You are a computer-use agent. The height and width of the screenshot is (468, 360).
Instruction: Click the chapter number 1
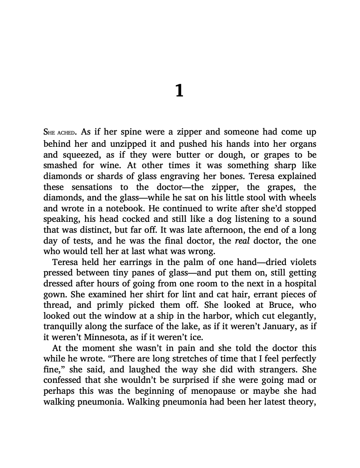[x=179, y=91]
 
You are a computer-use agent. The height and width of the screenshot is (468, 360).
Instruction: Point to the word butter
[x=195, y=154]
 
